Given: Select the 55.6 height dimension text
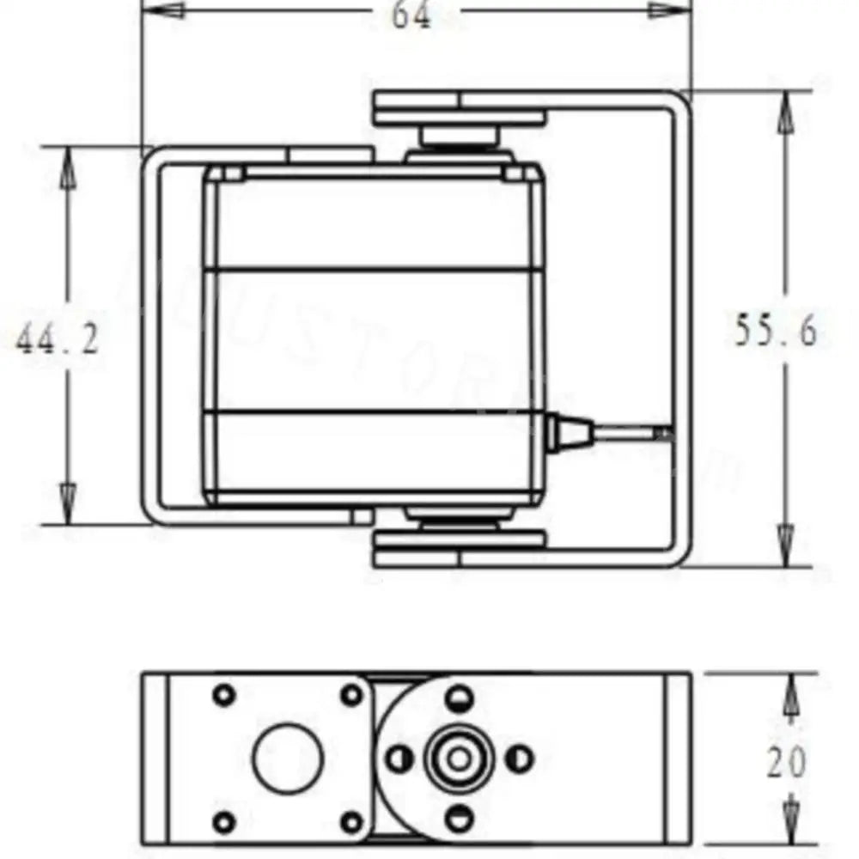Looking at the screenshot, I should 776,330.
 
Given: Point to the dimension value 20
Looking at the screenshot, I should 786,762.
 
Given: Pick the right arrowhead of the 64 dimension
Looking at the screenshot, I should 670,10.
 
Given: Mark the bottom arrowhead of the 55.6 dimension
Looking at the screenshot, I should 784,545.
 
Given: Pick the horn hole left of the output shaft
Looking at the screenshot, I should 399,758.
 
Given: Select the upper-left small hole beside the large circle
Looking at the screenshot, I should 224,694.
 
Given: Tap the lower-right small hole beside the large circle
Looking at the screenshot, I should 351,822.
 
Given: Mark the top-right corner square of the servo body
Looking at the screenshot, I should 514,174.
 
